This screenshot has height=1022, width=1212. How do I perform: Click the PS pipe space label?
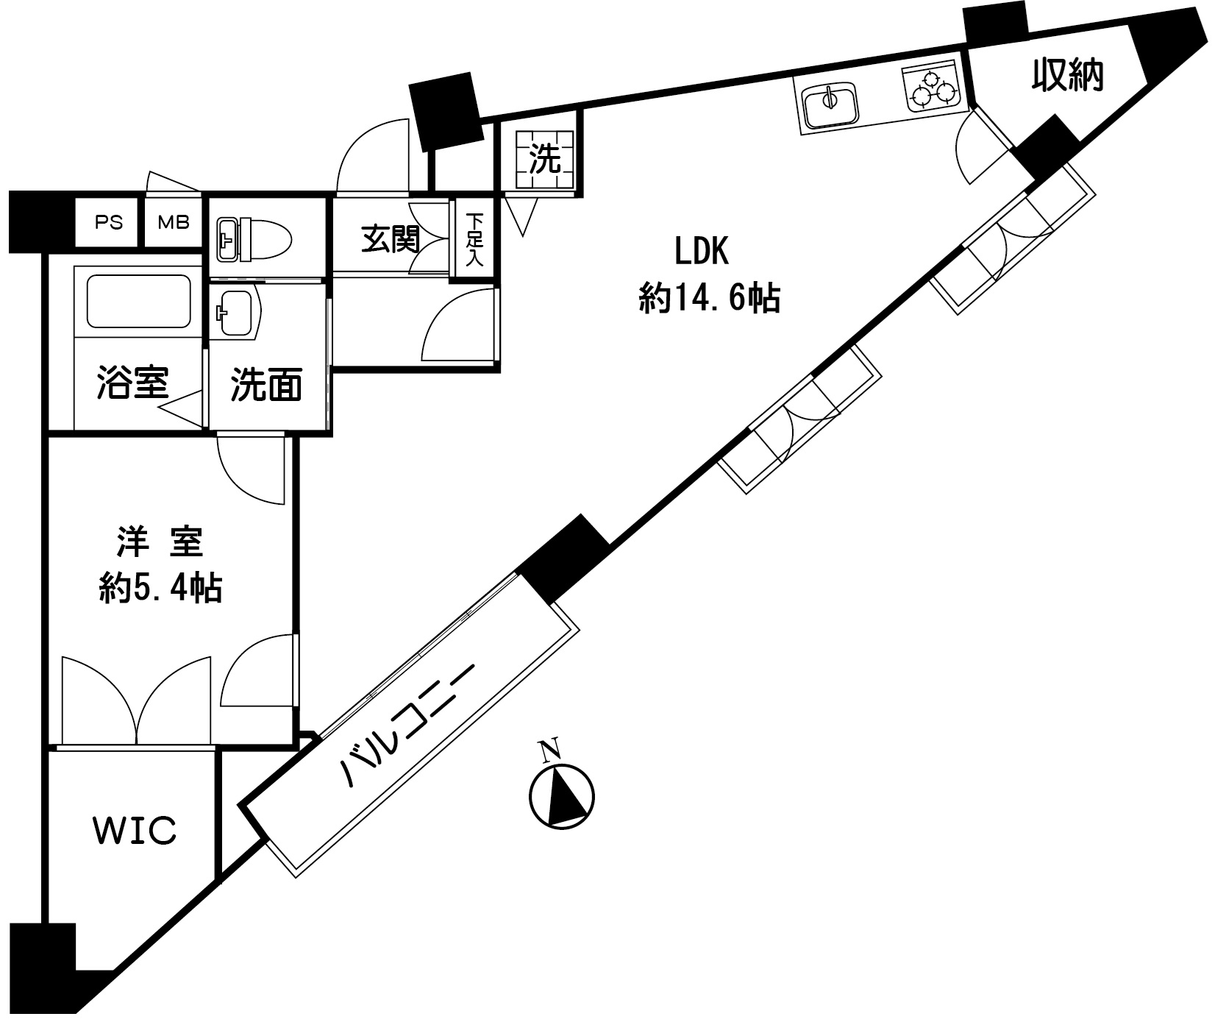pyautogui.click(x=109, y=221)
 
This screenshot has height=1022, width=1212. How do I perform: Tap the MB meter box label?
pyautogui.click(x=174, y=221)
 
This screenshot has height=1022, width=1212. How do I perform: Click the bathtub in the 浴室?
pyautogui.click(x=139, y=302)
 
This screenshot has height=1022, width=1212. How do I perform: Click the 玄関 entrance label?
pyautogui.click(x=391, y=240)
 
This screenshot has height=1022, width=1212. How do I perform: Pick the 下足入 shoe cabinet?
pyautogui.click(x=475, y=239)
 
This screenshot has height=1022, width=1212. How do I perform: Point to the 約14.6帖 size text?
pyautogui.click(x=710, y=298)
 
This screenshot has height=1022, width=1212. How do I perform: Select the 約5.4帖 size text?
pyautogui.click(x=161, y=588)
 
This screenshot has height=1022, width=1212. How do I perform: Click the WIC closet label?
pyautogui.click(x=135, y=829)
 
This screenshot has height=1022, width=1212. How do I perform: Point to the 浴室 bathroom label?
pyautogui.click(x=133, y=383)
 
